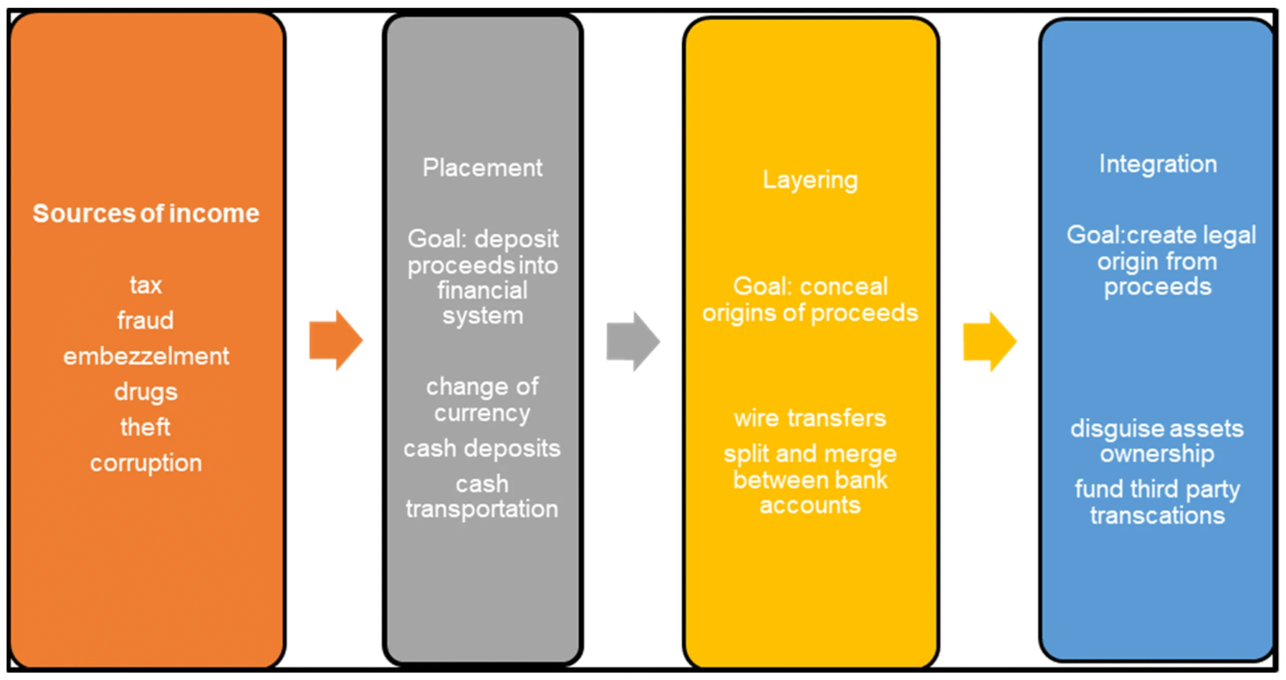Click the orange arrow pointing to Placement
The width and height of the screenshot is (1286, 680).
[336, 340]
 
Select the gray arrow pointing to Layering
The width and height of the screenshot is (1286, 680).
[633, 341]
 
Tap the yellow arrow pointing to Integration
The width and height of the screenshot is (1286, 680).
[990, 341]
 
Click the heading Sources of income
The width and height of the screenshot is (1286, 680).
[146, 213]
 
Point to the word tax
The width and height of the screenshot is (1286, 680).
[146, 285]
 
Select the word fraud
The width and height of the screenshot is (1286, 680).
[146, 320]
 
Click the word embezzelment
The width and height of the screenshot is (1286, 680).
[146, 356]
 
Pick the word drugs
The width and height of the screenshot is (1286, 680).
[146, 392]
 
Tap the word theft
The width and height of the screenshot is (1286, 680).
[145, 427]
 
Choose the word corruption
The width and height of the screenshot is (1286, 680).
[146, 463]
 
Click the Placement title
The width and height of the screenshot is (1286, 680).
[482, 168]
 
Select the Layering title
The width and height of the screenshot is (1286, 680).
[810, 180]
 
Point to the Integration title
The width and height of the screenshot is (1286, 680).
[1158, 165]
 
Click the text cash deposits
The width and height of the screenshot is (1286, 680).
[482, 449]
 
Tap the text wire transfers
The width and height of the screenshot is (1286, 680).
[810, 418]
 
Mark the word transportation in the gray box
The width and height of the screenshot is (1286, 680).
[482, 509]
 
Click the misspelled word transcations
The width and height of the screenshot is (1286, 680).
[1157, 515]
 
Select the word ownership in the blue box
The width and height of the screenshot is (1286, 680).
[1157, 454]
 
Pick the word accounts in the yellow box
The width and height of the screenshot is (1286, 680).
[810, 505]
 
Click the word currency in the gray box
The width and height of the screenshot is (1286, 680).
[482, 414]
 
